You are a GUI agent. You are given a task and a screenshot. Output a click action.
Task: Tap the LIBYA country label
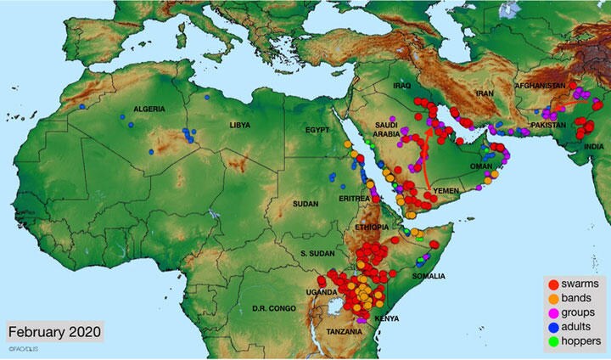pos(240,126)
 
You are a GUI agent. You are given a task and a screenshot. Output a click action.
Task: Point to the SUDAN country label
pos(305,205)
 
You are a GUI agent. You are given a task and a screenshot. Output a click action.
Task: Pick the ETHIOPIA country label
pos(373,228)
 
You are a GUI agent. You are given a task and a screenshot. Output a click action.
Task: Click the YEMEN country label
pos(446,193)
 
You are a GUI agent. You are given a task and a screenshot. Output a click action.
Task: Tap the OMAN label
pos(482,167)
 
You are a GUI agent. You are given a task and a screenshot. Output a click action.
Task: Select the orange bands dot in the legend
pos(552,298)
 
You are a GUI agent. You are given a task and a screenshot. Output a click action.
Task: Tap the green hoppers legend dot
pos(552,341)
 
